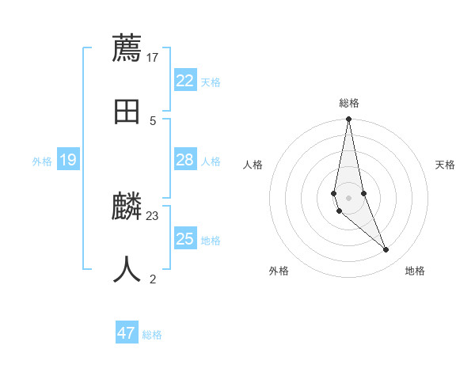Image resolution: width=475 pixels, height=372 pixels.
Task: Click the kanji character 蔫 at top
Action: (127, 48)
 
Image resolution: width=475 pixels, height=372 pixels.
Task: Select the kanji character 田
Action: (127, 112)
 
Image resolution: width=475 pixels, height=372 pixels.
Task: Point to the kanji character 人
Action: (127, 270)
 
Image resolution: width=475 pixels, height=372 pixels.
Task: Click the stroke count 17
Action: (153, 57)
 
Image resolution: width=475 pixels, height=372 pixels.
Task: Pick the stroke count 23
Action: (153, 215)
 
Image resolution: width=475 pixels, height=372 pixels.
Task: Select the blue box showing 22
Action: (185, 80)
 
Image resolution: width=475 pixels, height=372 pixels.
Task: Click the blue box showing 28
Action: (185, 160)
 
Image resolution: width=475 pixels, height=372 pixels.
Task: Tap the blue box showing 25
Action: (185, 238)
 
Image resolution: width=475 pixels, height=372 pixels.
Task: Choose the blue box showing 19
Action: (68, 160)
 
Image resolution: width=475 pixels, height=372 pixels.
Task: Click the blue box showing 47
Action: (127, 333)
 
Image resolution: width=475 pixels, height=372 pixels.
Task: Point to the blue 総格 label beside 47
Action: (152, 335)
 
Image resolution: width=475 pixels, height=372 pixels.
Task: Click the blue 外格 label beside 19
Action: (42, 161)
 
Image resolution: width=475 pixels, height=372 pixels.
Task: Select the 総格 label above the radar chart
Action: (349, 103)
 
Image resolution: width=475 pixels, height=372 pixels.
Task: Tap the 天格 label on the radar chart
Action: (445, 165)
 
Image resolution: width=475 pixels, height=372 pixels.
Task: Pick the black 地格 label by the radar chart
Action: (415, 271)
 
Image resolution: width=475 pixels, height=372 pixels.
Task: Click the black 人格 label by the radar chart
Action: (253, 165)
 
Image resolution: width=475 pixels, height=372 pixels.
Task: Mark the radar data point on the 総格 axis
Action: (348, 120)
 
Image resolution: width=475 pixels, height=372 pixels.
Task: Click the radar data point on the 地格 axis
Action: (386, 250)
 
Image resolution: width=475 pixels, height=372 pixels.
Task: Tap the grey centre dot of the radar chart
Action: (348, 197)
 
